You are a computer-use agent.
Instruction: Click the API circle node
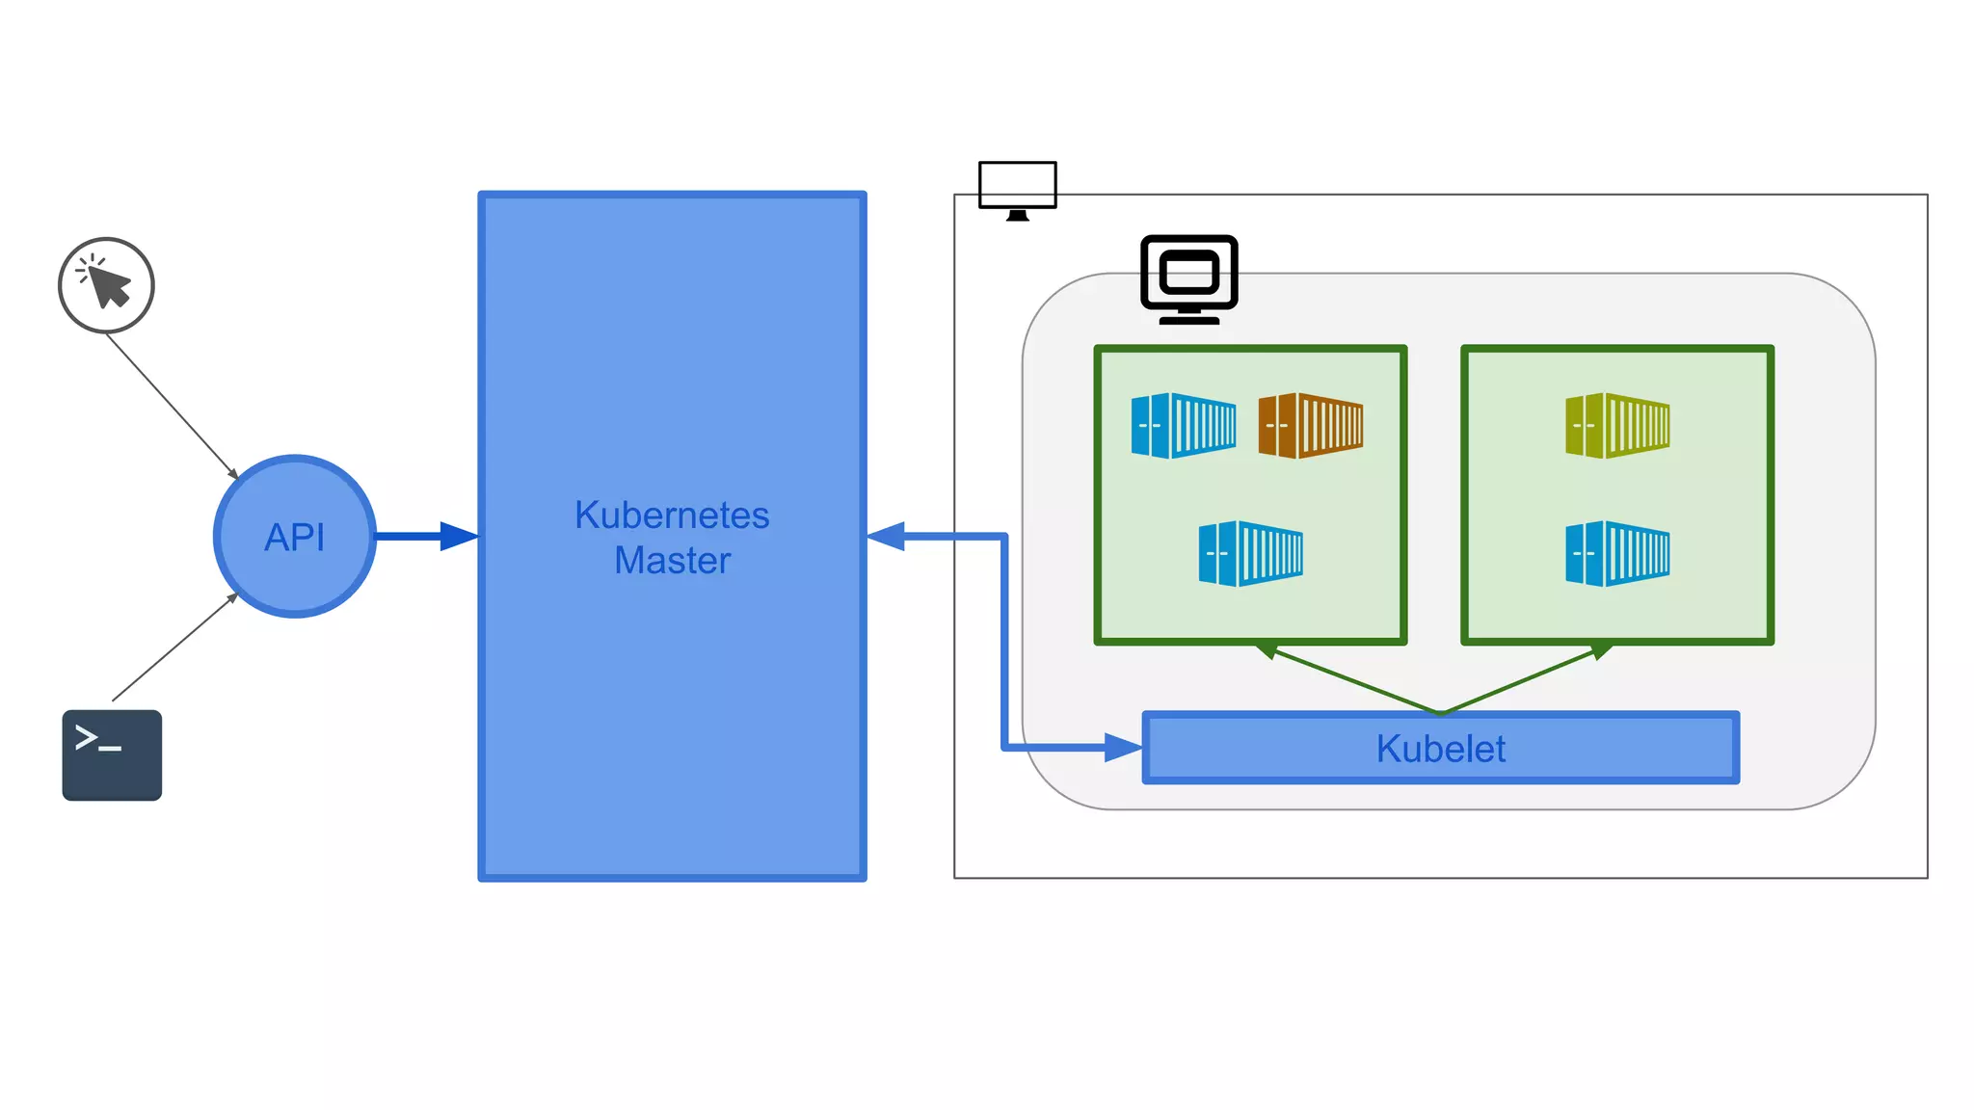(x=295, y=536)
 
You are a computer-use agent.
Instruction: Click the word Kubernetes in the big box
(x=672, y=515)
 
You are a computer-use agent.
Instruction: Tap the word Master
(x=672, y=560)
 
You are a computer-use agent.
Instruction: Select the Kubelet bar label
(x=1440, y=749)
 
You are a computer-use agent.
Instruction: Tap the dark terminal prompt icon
(x=112, y=754)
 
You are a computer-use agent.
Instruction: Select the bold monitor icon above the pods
(x=1188, y=278)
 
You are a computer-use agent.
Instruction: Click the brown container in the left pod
(x=1310, y=425)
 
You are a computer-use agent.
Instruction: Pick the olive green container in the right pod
(x=1617, y=425)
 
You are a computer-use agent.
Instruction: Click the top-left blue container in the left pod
(x=1183, y=425)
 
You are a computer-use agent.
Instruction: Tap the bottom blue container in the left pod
(x=1250, y=553)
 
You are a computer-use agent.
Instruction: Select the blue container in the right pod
(x=1617, y=553)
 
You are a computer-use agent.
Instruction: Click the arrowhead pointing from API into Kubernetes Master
(x=458, y=536)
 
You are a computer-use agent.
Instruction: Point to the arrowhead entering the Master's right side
(x=887, y=536)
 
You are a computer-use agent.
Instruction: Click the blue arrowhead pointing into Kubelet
(x=1122, y=747)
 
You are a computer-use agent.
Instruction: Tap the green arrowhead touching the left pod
(x=1267, y=650)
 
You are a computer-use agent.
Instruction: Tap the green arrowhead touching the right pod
(x=1601, y=651)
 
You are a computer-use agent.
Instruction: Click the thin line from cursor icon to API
(x=172, y=405)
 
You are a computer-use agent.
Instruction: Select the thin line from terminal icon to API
(x=173, y=647)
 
